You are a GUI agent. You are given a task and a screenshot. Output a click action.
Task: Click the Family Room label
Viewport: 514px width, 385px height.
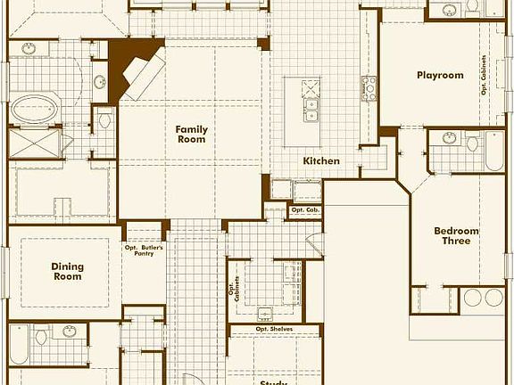pos(191,134)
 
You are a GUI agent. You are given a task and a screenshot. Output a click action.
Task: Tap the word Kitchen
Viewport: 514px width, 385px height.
pos(321,161)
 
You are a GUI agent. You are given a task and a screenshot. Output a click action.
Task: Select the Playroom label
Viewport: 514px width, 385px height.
pos(440,76)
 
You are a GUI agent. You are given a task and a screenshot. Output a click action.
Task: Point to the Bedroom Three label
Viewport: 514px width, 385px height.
pos(456,236)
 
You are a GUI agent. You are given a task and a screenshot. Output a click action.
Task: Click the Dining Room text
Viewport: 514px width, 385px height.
pos(66,271)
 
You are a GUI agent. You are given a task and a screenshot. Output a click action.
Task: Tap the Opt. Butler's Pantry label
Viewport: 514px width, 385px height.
pos(145,250)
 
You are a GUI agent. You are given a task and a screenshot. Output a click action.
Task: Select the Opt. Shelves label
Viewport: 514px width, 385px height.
pos(275,330)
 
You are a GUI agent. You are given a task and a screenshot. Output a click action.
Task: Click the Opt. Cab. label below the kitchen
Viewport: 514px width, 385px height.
pos(304,210)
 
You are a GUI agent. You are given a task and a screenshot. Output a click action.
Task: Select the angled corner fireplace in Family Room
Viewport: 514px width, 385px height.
pos(138,73)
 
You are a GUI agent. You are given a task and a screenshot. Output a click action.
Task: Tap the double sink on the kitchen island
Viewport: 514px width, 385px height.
pos(311,110)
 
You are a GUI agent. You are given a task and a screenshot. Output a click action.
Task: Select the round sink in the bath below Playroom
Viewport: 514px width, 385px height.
pos(450,138)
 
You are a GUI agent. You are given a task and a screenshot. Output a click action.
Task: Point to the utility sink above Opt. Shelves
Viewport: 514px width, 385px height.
pos(265,313)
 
